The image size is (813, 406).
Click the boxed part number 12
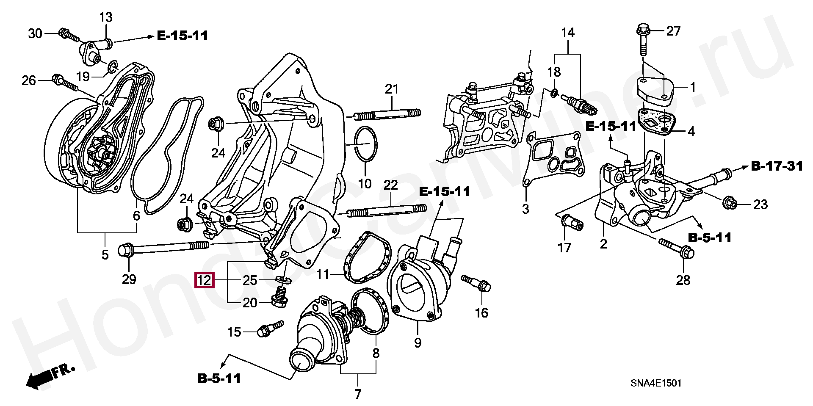tap(204, 280)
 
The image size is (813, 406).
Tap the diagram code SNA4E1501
tap(656, 384)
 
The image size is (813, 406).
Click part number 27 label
tap(673, 31)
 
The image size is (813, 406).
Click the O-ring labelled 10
tap(365, 144)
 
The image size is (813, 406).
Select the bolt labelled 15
tap(270, 329)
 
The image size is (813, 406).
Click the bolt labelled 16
tap(477, 283)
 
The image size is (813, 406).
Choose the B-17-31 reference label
tap(777, 166)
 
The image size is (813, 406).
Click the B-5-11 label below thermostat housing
tap(219, 378)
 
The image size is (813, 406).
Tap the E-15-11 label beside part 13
tap(183, 36)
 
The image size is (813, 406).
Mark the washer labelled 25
tap(284, 280)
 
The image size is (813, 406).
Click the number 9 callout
tap(418, 342)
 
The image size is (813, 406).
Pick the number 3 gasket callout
tap(525, 209)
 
